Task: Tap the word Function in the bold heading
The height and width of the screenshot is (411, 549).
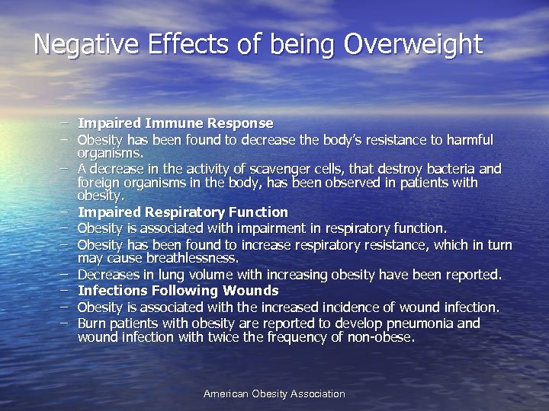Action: point(257,212)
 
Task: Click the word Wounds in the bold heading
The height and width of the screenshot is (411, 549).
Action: point(250,291)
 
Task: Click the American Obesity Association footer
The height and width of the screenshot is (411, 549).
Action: point(274,393)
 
